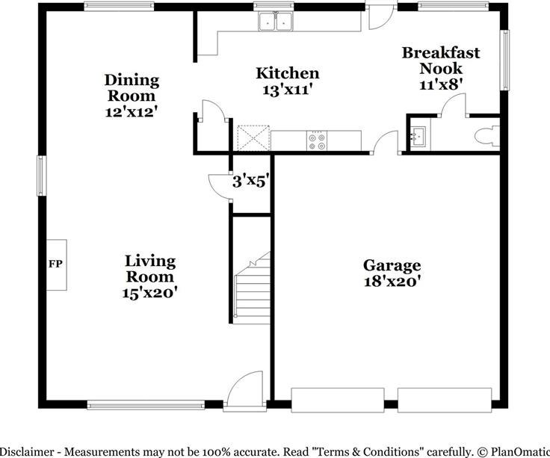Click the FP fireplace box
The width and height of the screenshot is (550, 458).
[x=57, y=264]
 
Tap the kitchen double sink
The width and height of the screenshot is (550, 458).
[x=275, y=22]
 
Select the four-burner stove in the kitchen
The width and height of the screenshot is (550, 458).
[x=317, y=141]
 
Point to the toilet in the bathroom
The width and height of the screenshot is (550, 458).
[x=487, y=136]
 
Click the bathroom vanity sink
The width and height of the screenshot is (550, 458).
[x=418, y=136]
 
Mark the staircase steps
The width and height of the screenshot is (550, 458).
[x=253, y=288]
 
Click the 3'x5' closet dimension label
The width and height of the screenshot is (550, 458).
[x=250, y=182]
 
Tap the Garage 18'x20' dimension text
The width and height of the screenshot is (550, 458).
[x=392, y=282]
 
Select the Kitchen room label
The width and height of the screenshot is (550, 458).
[x=288, y=73]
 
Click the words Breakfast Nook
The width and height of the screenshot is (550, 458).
[x=441, y=61]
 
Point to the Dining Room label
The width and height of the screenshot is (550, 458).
[x=132, y=87]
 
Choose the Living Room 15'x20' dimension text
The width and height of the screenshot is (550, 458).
[x=149, y=293]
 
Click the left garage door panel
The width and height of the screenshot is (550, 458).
[x=338, y=400]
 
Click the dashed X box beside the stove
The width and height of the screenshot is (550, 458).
[x=253, y=138]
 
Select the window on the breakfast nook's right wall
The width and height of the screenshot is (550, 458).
[x=504, y=60]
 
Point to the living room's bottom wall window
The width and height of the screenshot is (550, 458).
[x=146, y=405]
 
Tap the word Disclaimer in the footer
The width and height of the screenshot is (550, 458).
[x=27, y=452]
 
